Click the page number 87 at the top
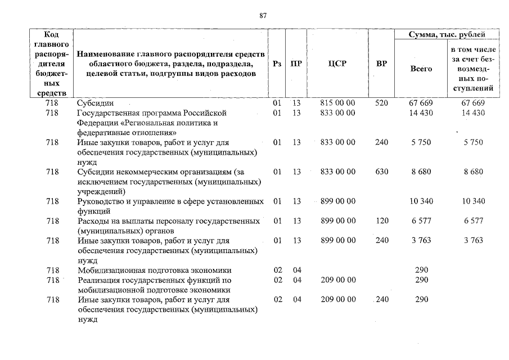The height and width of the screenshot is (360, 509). [263, 15]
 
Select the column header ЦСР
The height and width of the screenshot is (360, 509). [337, 64]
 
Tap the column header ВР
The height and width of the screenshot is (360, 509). [381, 64]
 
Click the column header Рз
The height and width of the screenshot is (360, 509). [277, 64]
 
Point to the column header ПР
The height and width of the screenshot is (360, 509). [296, 64]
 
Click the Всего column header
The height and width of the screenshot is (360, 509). [421, 69]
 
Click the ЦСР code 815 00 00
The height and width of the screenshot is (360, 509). [337, 103]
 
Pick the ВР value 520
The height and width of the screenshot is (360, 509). [381, 103]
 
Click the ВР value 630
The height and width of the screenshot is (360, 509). [381, 172]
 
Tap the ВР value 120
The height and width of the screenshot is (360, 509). [381, 221]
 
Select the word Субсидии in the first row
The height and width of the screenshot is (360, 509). [95, 103]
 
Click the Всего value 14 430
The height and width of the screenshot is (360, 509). [421, 113]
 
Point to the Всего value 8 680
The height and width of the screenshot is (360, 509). [421, 172]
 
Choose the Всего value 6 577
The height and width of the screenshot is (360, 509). [421, 221]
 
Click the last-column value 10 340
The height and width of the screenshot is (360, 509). [473, 201]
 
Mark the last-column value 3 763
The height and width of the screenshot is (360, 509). [473, 241]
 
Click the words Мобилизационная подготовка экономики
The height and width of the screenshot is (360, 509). [155, 270]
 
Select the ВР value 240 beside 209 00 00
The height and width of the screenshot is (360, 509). [381, 300]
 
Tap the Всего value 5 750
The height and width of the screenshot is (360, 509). [421, 142]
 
